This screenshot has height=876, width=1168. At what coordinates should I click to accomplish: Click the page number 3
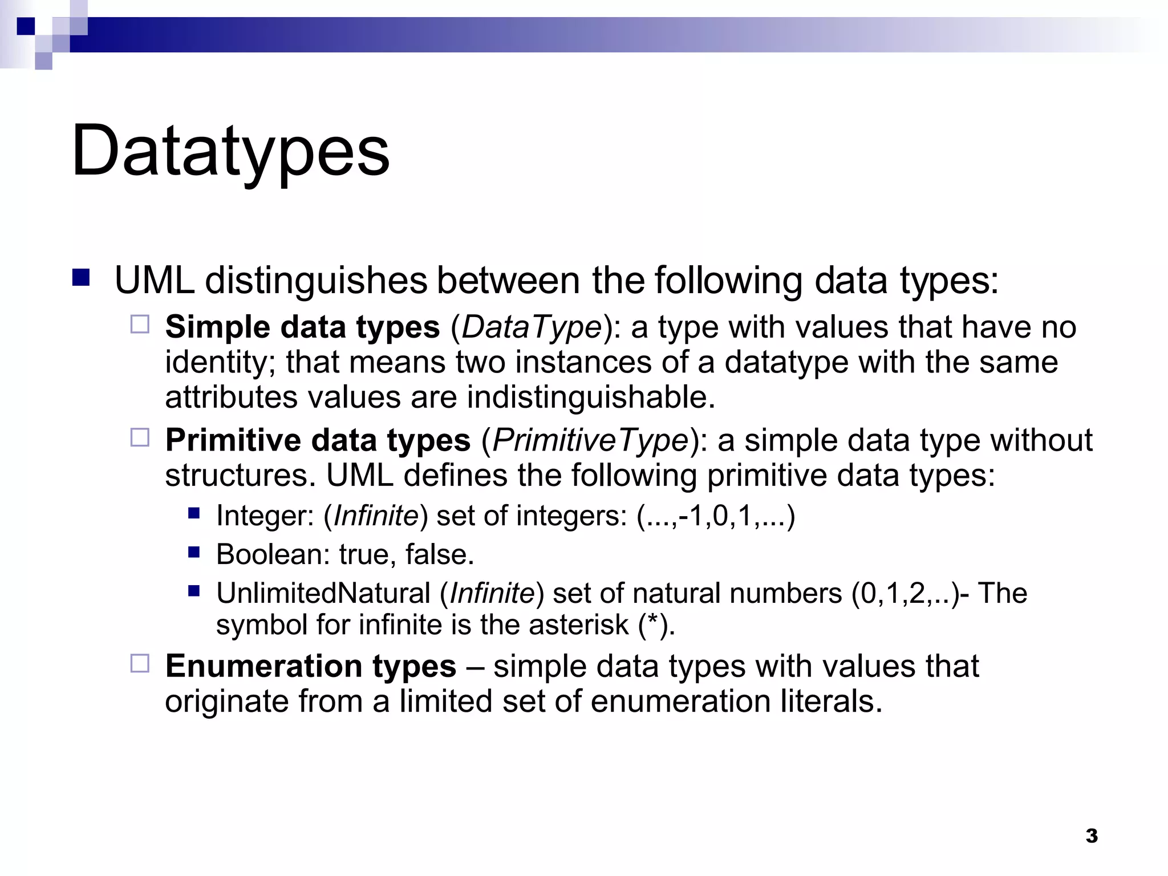1092,836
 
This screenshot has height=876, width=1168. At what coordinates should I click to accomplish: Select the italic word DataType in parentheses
532,327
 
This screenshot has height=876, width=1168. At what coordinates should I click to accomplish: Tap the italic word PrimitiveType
590,440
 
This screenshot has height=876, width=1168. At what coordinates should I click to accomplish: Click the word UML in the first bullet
154,281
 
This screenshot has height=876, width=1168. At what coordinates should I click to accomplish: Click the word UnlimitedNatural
323,593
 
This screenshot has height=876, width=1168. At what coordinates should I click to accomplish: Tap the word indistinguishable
590,398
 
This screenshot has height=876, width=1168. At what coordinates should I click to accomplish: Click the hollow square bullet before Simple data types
140,325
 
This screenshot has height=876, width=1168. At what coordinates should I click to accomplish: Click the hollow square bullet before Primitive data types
140,437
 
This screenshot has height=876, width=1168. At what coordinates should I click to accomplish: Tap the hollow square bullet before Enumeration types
140,663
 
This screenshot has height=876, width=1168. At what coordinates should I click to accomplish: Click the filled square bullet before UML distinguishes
81,277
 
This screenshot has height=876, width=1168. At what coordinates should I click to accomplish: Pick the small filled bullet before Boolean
194,552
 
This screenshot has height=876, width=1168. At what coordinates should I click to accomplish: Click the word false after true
439,554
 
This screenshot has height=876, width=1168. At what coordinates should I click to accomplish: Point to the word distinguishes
317,281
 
